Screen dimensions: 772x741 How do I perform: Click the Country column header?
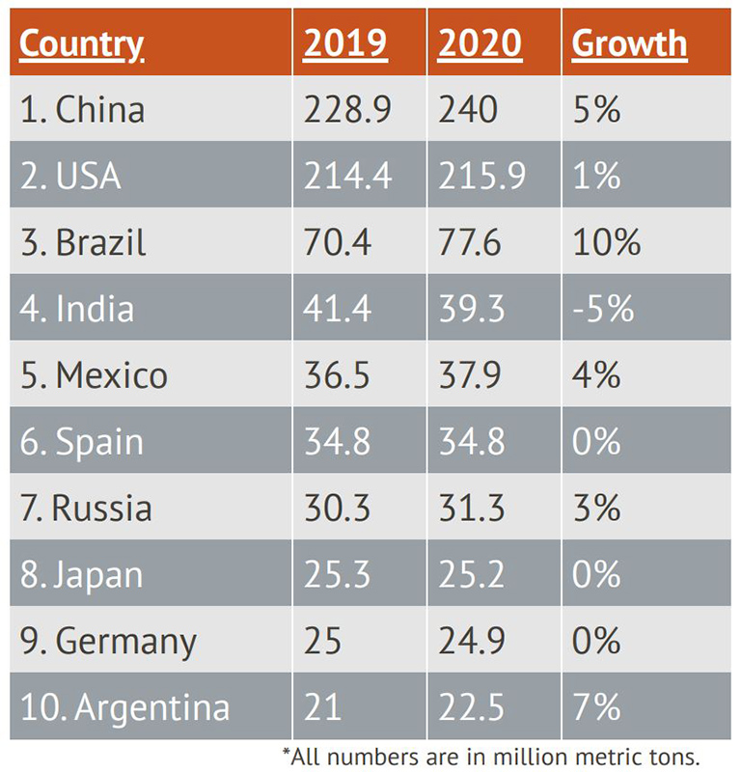82,43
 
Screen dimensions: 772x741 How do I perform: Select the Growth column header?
629,43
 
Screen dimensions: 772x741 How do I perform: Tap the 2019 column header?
345,43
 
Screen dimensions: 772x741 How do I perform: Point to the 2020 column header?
480,43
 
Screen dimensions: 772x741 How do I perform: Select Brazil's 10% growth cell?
606,241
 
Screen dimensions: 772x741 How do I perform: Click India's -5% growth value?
603,308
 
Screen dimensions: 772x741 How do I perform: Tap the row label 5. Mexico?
94,374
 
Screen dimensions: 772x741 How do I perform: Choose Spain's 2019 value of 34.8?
338,441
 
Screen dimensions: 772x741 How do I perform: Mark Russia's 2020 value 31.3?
470,508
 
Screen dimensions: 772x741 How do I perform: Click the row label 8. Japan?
81,574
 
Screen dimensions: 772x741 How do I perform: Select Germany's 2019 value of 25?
323,641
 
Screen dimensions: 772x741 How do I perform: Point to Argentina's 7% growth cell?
596,707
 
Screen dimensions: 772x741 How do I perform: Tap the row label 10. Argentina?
124,707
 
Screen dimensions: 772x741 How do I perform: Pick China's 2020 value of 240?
468,109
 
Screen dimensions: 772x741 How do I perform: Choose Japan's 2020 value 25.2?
470,574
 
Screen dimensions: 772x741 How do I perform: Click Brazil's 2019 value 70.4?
338,241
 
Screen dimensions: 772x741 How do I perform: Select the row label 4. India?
77,308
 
